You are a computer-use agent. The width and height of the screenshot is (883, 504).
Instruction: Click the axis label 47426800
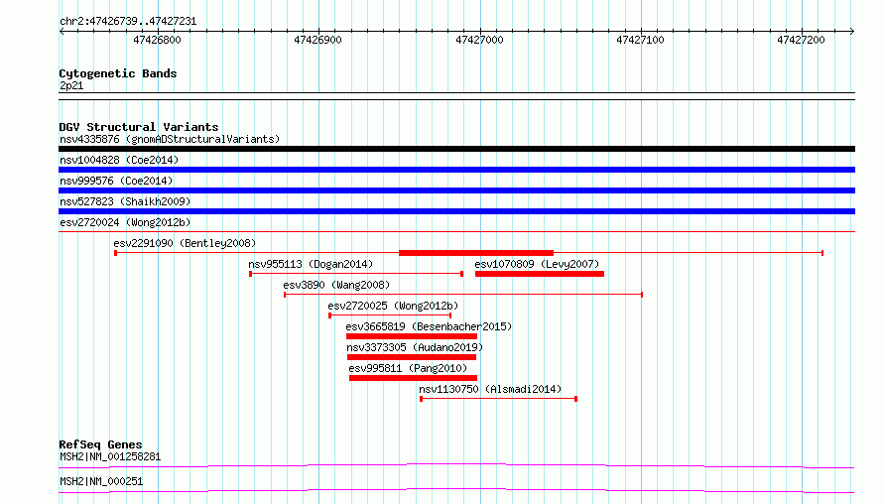click(157, 40)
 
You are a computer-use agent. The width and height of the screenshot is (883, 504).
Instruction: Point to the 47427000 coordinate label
click(479, 40)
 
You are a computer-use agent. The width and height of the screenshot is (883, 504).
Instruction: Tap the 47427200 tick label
click(801, 40)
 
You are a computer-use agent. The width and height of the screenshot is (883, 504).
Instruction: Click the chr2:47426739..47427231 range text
click(128, 22)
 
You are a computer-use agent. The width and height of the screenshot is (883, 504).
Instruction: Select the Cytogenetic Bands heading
click(118, 73)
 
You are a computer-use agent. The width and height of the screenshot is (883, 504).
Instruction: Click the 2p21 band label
click(71, 85)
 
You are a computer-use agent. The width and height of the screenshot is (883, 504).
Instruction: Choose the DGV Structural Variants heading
click(139, 127)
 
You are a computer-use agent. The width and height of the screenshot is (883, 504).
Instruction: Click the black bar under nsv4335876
click(456, 149)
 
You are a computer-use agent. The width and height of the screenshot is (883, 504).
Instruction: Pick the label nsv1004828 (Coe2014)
click(119, 160)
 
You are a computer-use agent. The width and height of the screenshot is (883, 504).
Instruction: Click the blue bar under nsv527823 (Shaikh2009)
click(456, 211)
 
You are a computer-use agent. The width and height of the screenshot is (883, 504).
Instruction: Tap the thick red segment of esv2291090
click(476, 253)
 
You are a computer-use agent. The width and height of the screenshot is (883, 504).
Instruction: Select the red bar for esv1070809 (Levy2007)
click(540, 274)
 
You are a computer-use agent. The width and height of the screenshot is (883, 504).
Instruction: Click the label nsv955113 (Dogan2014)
click(311, 264)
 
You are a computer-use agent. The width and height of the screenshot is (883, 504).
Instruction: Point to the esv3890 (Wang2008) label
click(336, 285)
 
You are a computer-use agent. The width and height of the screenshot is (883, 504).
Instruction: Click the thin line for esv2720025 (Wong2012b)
click(390, 315)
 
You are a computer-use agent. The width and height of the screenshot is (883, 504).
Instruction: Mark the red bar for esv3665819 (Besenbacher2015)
click(412, 336)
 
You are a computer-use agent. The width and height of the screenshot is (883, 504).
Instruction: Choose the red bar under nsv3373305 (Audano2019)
click(412, 357)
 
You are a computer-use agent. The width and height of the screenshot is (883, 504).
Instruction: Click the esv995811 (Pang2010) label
click(408, 368)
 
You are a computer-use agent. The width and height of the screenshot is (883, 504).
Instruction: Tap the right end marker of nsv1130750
click(576, 399)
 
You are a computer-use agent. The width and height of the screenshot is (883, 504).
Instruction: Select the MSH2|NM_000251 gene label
click(101, 481)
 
